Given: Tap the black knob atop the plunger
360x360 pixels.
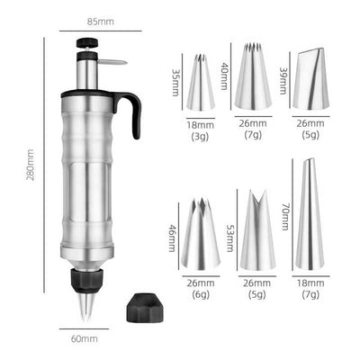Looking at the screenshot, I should coord(87,42).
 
